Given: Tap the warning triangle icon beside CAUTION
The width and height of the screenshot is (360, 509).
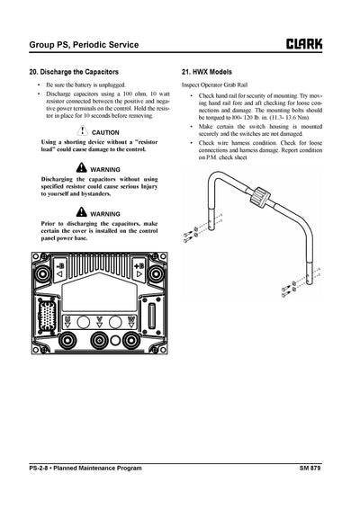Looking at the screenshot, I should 81,131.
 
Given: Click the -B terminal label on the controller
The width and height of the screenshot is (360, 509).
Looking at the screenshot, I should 56,267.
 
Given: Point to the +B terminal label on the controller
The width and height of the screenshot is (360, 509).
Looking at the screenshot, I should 137,267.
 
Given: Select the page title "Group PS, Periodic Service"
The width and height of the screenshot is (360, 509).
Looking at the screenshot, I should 87,42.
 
